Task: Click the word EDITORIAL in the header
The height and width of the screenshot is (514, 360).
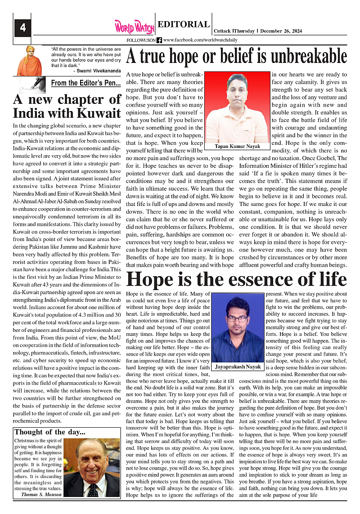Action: pos(184,25)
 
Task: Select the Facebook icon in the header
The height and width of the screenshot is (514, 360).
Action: pos(159,40)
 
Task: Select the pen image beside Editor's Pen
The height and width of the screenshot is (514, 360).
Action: pos(34,84)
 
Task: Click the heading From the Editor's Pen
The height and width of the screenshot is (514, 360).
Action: pos(86,83)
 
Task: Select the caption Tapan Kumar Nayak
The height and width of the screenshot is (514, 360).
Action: pos(238,147)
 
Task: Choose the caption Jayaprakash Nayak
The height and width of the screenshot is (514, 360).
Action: pos(238,367)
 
